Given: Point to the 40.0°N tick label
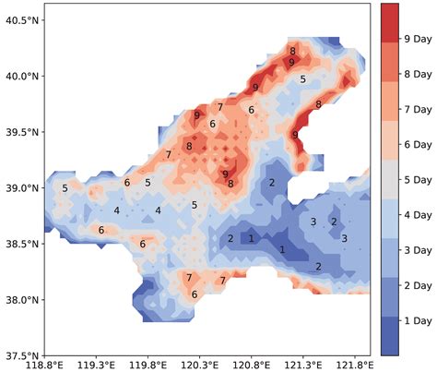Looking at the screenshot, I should pyautogui.click(x=21, y=76).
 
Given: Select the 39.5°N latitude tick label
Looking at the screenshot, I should pyautogui.click(x=21, y=132).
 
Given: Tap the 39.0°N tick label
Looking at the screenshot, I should pyautogui.click(x=21, y=187).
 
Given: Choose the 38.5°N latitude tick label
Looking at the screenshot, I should pyautogui.click(x=21, y=244).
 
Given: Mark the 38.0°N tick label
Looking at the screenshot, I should pyautogui.click(x=21, y=299).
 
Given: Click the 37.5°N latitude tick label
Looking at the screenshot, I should pyautogui.click(x=21, y=355).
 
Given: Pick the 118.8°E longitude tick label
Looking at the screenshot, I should pyautogui.click(x=43, y=365).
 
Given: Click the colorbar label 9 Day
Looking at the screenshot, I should pyautogui.click(x=419, y=39).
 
